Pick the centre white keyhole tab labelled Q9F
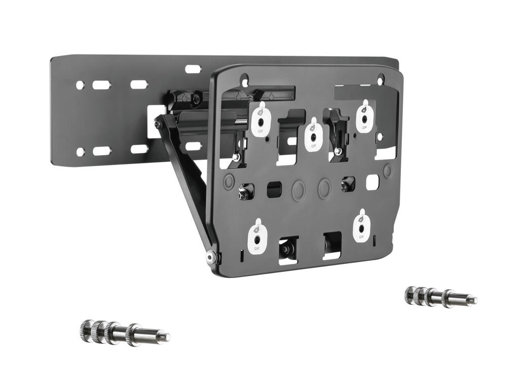(314, 135)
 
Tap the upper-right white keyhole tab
(365, 118)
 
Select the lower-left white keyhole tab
(257, 237)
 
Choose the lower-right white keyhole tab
(361, 226)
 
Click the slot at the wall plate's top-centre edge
(193, 69)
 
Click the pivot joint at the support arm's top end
(159, 123)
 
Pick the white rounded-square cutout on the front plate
(373, 182)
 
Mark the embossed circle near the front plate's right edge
(388, 171)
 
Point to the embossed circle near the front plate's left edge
(229, 180)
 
